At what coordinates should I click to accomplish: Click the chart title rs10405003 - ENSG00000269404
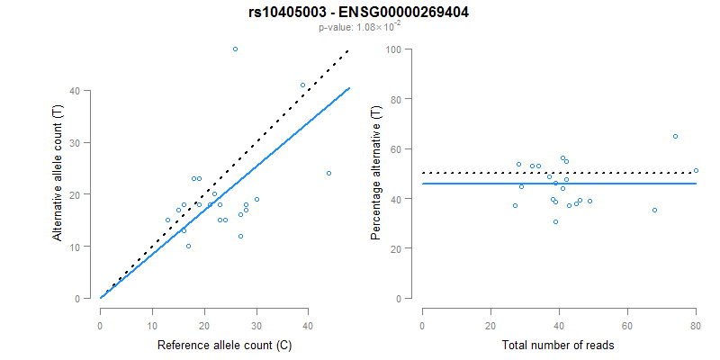coord(359,13)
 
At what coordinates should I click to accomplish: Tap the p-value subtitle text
coord(359,28)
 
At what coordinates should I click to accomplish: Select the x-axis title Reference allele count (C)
coord(224,345)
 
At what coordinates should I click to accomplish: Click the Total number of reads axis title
coord(559,345)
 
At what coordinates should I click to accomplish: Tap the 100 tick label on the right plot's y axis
coord(392,49)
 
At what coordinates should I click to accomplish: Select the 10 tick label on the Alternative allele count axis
coord(85,247)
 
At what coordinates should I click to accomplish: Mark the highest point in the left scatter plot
coord(235,49)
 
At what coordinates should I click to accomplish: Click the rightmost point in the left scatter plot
coord(328,173)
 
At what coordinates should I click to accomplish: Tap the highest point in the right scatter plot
coord(675,136)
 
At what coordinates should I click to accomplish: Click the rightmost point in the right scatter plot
coord(696,170)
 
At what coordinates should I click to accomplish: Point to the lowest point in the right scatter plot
coord(555,221)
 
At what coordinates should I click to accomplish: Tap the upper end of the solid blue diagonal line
coord(349,88)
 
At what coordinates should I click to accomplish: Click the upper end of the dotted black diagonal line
coord(348,51)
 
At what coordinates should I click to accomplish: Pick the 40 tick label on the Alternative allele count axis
coord(85,91)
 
